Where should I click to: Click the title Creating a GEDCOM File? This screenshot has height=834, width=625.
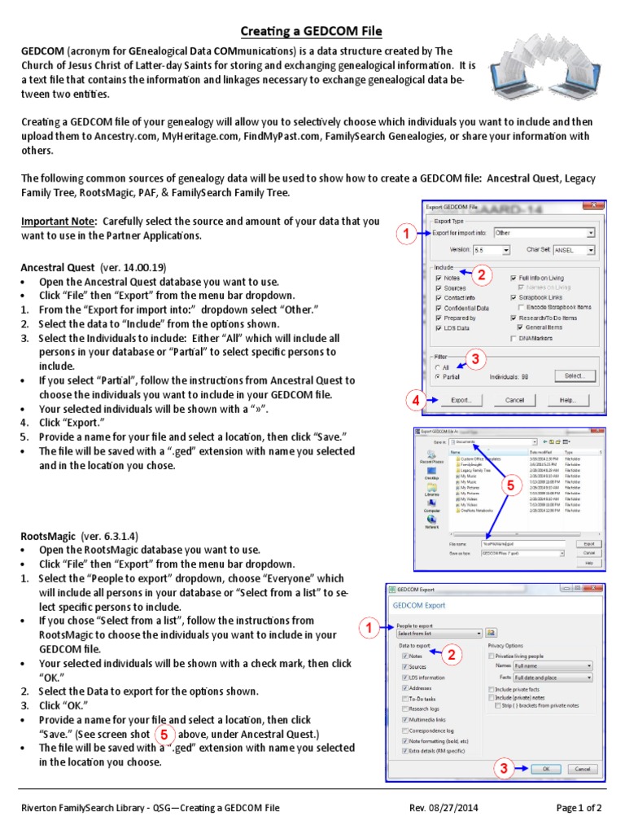point(312,32)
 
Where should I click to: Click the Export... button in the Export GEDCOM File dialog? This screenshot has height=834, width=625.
point(461,401)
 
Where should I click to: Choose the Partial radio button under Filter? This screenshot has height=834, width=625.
point(437,377)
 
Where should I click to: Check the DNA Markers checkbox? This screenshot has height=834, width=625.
point(514,337)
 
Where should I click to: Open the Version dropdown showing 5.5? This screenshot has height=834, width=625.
point(492,251)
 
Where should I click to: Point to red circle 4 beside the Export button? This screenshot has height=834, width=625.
point(416,400)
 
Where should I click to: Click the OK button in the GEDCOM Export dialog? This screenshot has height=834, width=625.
point(545,768)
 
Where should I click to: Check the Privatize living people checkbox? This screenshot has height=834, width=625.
point(491,655)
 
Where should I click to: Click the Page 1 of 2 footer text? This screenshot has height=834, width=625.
point(579,808)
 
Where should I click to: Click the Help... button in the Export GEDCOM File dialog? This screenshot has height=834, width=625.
point(567,401)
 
